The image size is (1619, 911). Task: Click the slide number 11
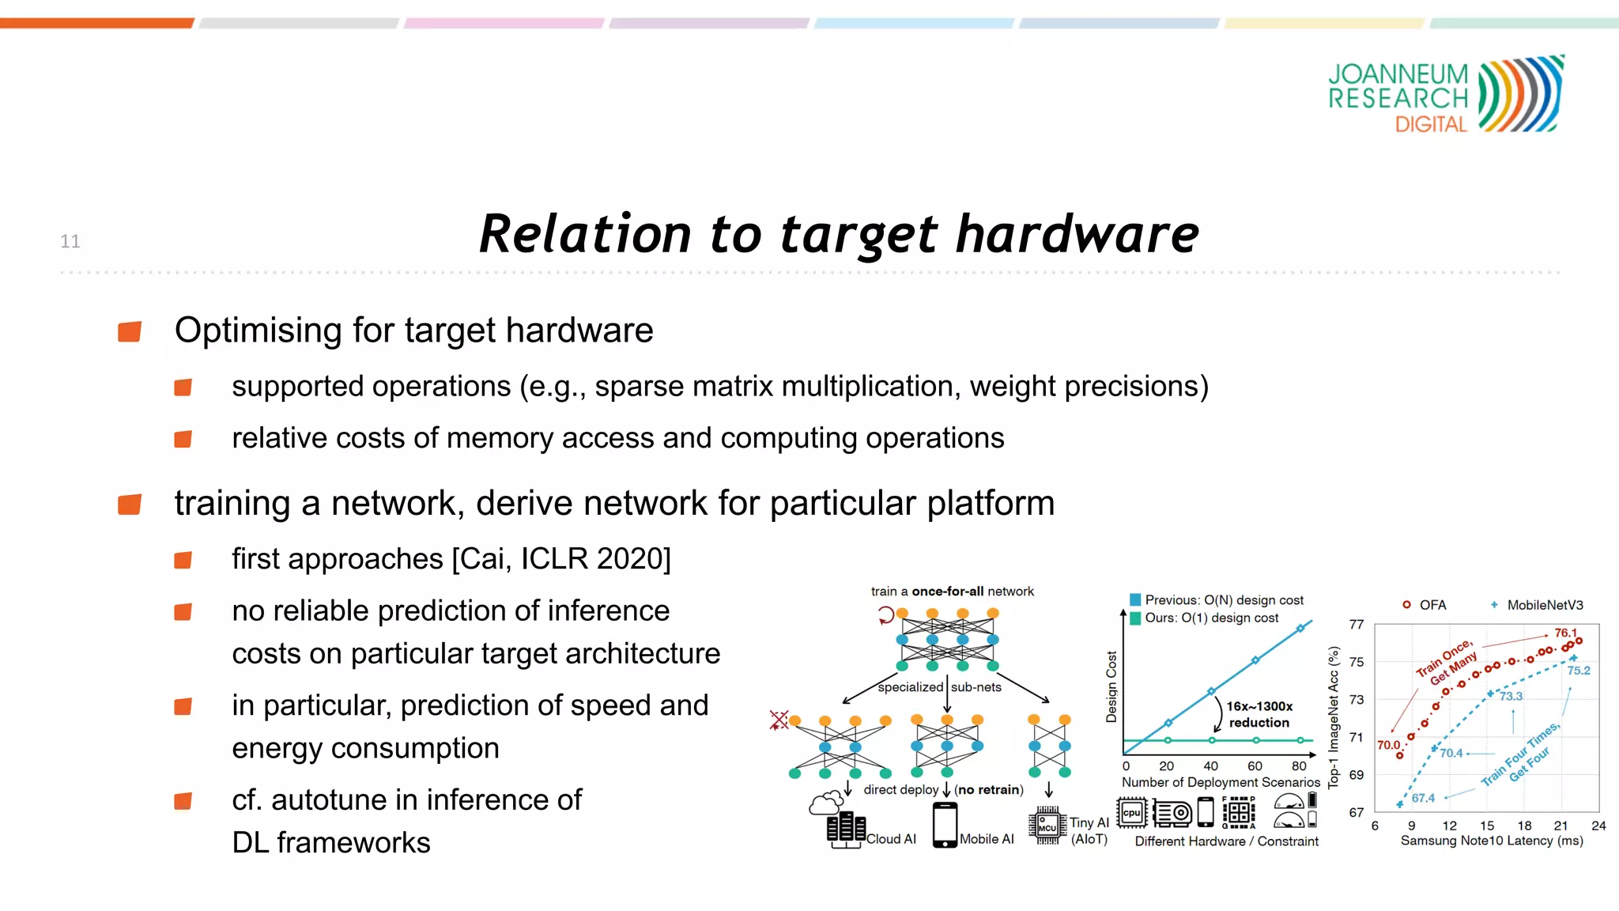click(70, 241)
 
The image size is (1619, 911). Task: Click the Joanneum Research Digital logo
click(1445, 95)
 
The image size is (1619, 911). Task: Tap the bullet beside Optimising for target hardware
click(130, 331)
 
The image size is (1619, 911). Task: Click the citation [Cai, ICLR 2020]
click(561, 559)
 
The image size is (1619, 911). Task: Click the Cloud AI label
click(891, 839)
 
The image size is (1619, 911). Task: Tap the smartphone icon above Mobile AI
click(945, 825)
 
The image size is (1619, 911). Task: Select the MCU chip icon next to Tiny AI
click(1047, 826)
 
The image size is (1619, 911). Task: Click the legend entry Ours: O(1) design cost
click(1210, 618)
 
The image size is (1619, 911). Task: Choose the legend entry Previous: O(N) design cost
click(1223, 600)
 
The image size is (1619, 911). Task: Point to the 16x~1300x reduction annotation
click(1259, 714)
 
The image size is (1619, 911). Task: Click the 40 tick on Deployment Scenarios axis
click(1210, 765)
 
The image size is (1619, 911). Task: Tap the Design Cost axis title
click(1111, 686)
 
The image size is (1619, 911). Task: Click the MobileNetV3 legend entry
click(1544, 605)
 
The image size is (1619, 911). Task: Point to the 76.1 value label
click(1565, 633)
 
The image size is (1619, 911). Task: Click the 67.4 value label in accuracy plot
click(1423, 798)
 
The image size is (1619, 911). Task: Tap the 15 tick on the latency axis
click(1486, 826)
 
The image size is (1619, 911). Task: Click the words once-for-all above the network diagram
click(947, 592)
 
